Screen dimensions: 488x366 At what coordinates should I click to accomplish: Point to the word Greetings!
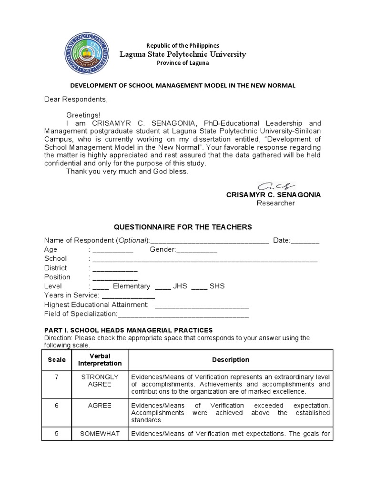(x=83, y=115)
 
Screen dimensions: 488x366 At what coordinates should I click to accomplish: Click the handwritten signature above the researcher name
(x=276, y=185)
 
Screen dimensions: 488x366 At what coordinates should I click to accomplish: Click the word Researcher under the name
(x=275, y=203)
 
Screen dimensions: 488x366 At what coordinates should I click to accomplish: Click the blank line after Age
(x=113, y=250)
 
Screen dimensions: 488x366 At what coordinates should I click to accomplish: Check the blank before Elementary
(x=101, y=286)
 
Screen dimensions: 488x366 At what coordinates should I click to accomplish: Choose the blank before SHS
(x=199, y=286)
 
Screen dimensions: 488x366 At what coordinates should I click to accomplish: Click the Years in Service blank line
(x=128, y=295)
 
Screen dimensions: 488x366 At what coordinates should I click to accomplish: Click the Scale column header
(x=57, y=360)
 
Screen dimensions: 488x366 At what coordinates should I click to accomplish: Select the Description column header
(x=230, y=360)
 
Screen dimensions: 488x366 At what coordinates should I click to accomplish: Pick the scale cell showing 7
(x=57, y=377)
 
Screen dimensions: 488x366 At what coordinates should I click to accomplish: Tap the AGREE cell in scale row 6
(x=100, y=406)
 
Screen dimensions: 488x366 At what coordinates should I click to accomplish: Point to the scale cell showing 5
(x=57, y=434)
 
